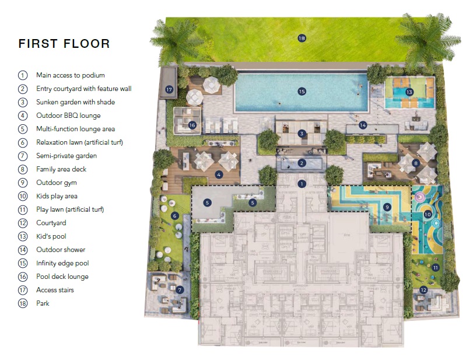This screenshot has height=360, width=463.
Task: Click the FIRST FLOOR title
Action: (64, 44)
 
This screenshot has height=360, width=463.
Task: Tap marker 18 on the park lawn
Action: (301, 39)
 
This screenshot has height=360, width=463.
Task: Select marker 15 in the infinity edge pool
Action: (301, 92)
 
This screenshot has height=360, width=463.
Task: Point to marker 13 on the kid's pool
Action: (409, 92)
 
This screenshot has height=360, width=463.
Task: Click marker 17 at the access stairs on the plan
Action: (169, 90)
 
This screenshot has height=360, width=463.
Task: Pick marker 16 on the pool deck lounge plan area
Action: (192, 125)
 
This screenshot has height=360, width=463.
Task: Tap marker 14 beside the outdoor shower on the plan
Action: (363, 125)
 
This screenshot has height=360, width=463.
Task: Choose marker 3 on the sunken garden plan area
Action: (301, 134)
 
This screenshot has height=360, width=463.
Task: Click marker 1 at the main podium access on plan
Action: (301, 184)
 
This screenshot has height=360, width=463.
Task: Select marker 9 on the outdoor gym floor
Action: (387, 207)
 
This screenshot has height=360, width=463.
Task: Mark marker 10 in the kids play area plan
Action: (427, 215)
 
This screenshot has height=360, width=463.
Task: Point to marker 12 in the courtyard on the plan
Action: (423, 290)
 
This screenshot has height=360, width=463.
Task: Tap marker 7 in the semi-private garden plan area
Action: (180, 289)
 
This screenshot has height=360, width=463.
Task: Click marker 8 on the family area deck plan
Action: (415, 163)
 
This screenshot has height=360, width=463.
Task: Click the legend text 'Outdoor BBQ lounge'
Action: (68, 116)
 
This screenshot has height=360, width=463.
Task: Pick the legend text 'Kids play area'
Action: (57, 196)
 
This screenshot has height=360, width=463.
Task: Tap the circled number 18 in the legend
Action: (23, 303)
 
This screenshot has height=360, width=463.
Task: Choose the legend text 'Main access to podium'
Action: (71, 75)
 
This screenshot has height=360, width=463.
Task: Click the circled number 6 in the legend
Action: (23, 142)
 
